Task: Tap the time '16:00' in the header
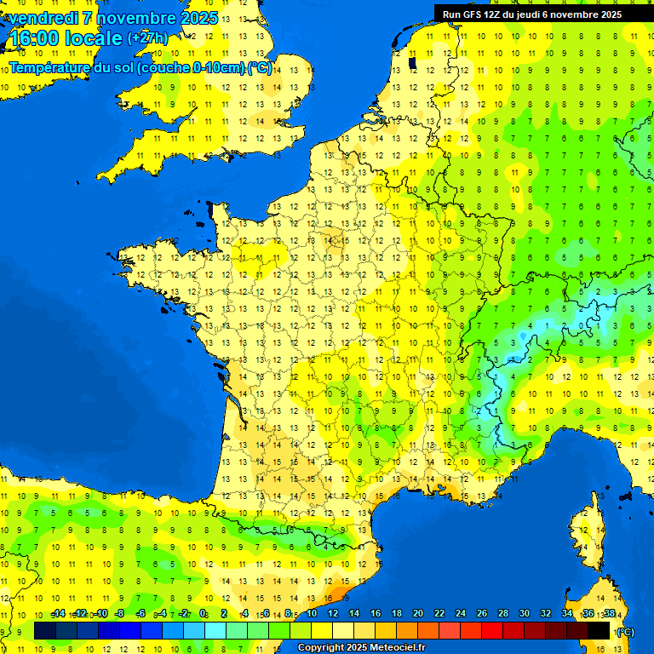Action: [x=34, y=38]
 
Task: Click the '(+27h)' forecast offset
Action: [x=147, y=38]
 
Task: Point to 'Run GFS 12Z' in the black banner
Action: [x=473, y=14]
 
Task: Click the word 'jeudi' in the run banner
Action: [x=548, y=14]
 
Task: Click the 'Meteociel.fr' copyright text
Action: [x=397, y=648]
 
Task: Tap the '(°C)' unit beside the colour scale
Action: [x=625, y=632]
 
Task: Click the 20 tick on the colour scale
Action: [x=418, y=613]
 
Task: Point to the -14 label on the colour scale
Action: [x=59, y=613]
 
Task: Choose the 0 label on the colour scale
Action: [x=204, y=613]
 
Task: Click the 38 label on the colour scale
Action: [x=610, y=613]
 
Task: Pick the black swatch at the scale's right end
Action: [x=599, y=631]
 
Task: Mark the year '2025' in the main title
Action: [x=198, y=18]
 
